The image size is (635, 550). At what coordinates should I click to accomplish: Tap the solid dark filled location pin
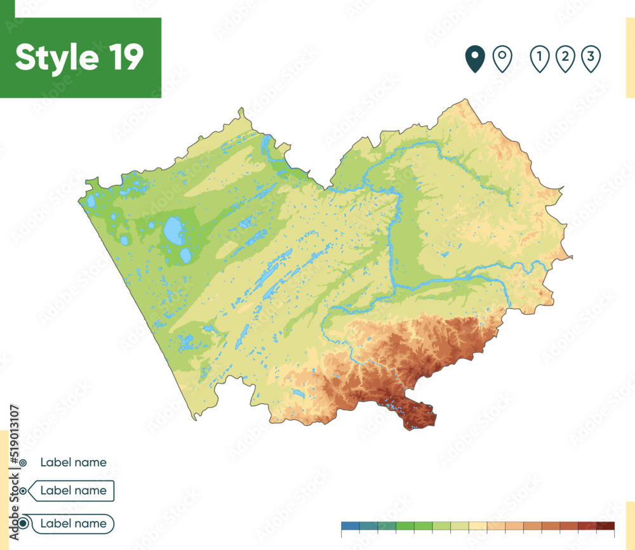[x=474, y=59]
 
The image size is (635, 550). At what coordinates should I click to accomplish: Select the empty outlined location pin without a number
[x=502, y=59]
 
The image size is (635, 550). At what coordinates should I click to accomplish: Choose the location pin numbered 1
[x=539, y=59]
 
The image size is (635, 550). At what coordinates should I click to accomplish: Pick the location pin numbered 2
[x=565, y=59]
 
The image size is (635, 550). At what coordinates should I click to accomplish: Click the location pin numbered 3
[x=591, y=59]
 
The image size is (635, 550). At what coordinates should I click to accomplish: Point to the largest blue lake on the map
[x=173, y=230]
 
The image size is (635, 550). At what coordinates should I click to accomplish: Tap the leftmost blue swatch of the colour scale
[x=350, y=525]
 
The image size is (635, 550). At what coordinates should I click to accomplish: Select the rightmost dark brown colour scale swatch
[x=606, y=525]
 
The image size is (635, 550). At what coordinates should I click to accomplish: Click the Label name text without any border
[x=73, y=462]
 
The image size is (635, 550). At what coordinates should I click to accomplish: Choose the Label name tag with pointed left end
[x=73, y=490]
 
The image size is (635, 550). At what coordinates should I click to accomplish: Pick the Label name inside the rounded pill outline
[x=73, y=523]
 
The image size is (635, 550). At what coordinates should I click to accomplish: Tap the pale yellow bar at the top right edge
[x=630, y=57]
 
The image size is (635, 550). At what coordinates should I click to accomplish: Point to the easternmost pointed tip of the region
[x=571, y=257]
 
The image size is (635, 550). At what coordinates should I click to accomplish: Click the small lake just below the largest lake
[x=185, y=255]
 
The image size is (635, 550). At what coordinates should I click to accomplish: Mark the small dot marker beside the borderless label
[x=23, y=463]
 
